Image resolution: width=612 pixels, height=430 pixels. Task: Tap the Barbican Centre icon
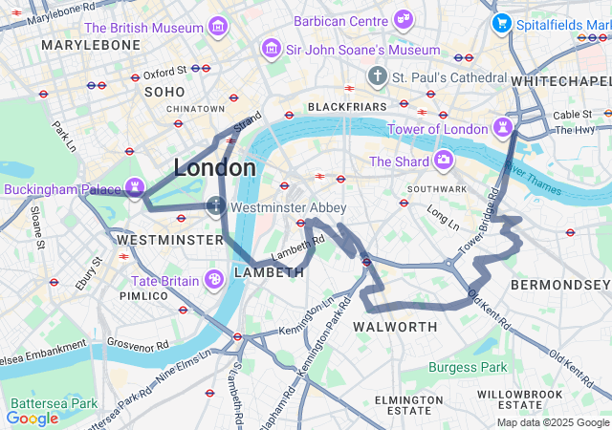coord(404,18)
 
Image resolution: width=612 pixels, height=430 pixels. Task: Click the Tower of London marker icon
coord(503,127)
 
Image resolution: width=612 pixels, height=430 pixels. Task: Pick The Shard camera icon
coord(443,160)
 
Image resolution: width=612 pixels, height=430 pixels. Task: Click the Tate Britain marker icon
coord(215,279)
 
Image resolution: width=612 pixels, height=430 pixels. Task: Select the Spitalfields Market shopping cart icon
coord(500,22)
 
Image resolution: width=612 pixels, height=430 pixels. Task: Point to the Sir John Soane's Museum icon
coord(272,48)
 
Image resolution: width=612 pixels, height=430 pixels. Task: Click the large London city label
coord(215,168)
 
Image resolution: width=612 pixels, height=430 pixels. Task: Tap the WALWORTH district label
coord(395,327)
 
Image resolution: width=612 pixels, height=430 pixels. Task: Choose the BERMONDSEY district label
coord(560,285)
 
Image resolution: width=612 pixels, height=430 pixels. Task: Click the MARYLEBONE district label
coord(91,45)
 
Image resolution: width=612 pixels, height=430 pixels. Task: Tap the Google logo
coord(32,418)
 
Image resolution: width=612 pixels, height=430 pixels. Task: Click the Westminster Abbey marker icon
coord(217,205)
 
